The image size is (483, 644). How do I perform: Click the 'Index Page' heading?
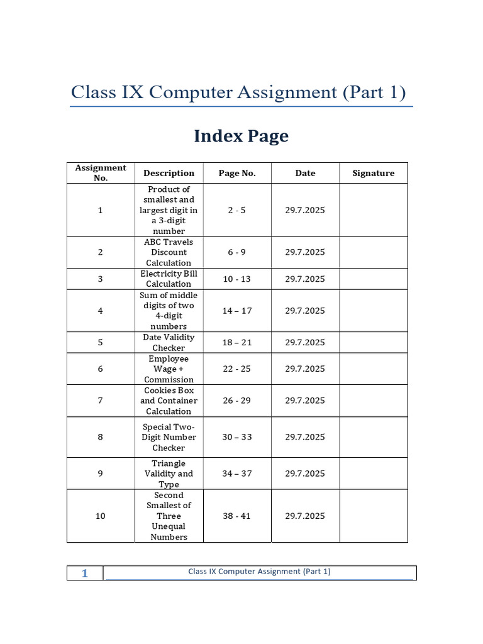coord(241,136)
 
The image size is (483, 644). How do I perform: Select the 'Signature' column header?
coord(374,173)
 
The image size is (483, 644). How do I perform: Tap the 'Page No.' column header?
coord(237,173)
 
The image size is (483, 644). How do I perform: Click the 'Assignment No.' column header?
coord(101,173)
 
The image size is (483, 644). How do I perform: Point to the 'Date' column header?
coord(305,173)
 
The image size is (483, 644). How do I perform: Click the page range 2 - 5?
coord(237,210)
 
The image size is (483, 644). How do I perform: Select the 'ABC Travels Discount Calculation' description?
coord(169,252)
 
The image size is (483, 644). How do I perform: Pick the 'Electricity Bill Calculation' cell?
coord(169,279)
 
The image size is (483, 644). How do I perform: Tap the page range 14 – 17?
coord(237,311)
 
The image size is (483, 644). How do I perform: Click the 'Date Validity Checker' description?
coord(169,343)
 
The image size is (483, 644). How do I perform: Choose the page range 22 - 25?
coord(237,369)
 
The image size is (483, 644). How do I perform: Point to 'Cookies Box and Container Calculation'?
coord(169,401)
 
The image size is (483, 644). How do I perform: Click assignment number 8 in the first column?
coord(101,437)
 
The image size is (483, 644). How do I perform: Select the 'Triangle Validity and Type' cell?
coord(169,474)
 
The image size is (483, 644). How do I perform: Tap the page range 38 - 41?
coord(237,516)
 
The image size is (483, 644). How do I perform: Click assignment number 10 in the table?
coord(101,516)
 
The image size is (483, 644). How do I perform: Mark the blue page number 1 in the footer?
coord(85,573)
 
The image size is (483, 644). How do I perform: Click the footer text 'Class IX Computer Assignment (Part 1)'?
coord(259,572)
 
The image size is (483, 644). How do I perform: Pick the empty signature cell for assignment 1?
coord(374,210)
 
